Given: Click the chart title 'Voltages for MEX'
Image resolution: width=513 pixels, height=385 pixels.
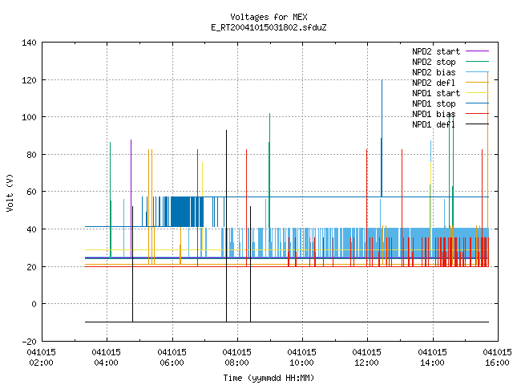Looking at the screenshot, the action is tap(269, 17).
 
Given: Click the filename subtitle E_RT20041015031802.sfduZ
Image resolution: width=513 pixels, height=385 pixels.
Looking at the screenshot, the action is tap(269, 27).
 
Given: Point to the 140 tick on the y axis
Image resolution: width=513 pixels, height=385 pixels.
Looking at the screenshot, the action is tap(29, 43).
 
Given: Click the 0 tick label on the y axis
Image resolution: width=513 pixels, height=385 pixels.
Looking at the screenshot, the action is tap(34, 304).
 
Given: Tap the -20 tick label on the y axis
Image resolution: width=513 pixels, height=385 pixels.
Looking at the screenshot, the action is tap(29, 342).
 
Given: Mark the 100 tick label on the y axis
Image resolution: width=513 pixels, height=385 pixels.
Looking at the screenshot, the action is tap(29, 117).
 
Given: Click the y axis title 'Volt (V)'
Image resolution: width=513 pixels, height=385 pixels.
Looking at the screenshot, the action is tap(10, 192).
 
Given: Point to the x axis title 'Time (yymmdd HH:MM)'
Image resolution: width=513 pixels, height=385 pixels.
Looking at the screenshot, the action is tap(269, 378).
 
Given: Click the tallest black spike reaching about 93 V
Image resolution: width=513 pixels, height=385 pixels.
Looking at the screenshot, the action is tap(226, 226).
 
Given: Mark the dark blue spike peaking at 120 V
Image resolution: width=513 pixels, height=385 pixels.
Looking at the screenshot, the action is tap(382, 138).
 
